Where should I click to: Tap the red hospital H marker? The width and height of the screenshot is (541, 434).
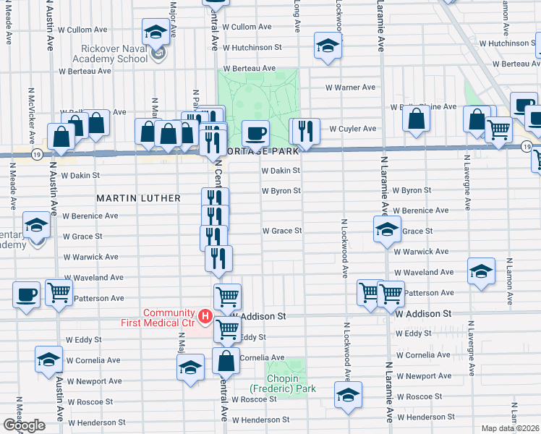[205, 316]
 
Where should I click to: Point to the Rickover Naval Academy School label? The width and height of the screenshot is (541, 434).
[110, 53]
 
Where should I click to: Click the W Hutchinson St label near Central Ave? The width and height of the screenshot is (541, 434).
[252, 47]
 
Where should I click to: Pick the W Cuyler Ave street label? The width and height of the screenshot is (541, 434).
[353, 129]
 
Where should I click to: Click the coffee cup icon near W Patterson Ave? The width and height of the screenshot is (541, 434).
[27, 294]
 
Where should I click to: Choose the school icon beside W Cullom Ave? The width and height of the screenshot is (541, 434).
[156, 32]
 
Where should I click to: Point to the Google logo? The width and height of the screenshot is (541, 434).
[24, 425]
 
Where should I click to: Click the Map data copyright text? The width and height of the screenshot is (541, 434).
[511, 428]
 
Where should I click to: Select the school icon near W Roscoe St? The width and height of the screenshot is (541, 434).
[348, 395]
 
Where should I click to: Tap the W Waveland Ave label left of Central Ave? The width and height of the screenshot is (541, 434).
[94, 277]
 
